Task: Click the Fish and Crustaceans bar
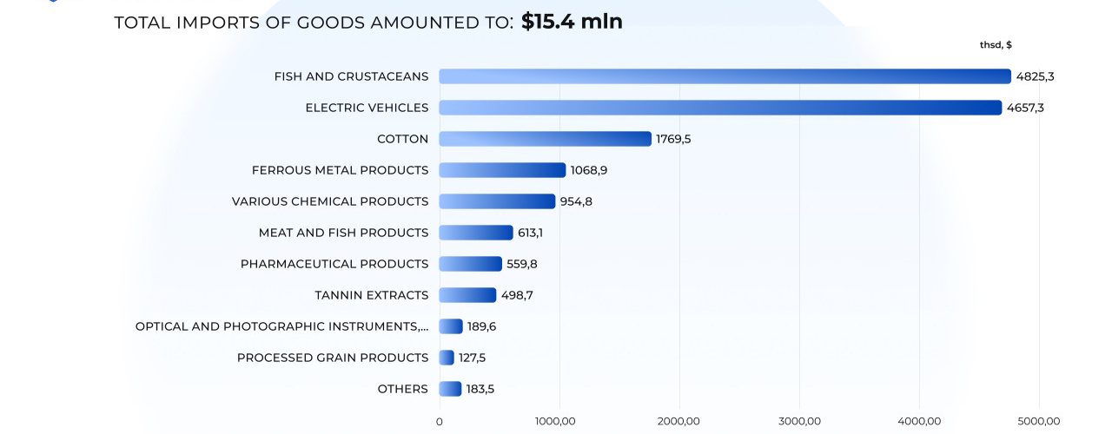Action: pos(725,76)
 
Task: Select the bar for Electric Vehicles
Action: pos(720,108)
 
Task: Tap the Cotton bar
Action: pos(545,139)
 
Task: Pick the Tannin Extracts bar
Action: pos(467,295)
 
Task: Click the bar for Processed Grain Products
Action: pos(447,358)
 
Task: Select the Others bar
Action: pos(450,389)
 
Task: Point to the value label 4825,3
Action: pos(1035,77)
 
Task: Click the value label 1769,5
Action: pos(673,140)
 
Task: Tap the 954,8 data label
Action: pos(576,202)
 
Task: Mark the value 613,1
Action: pos(530,233)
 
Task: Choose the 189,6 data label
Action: pos(481,327)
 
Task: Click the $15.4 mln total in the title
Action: pos(572,22)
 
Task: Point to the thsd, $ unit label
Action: pos(996,44)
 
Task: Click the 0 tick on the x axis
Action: pos(440,422)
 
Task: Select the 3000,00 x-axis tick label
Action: pos(799,422)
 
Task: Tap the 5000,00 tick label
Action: pos(1038,422)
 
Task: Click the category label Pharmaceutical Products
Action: pos(334,264)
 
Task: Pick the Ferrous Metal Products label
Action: pos(340,170)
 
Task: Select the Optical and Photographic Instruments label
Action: pos(282,326)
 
